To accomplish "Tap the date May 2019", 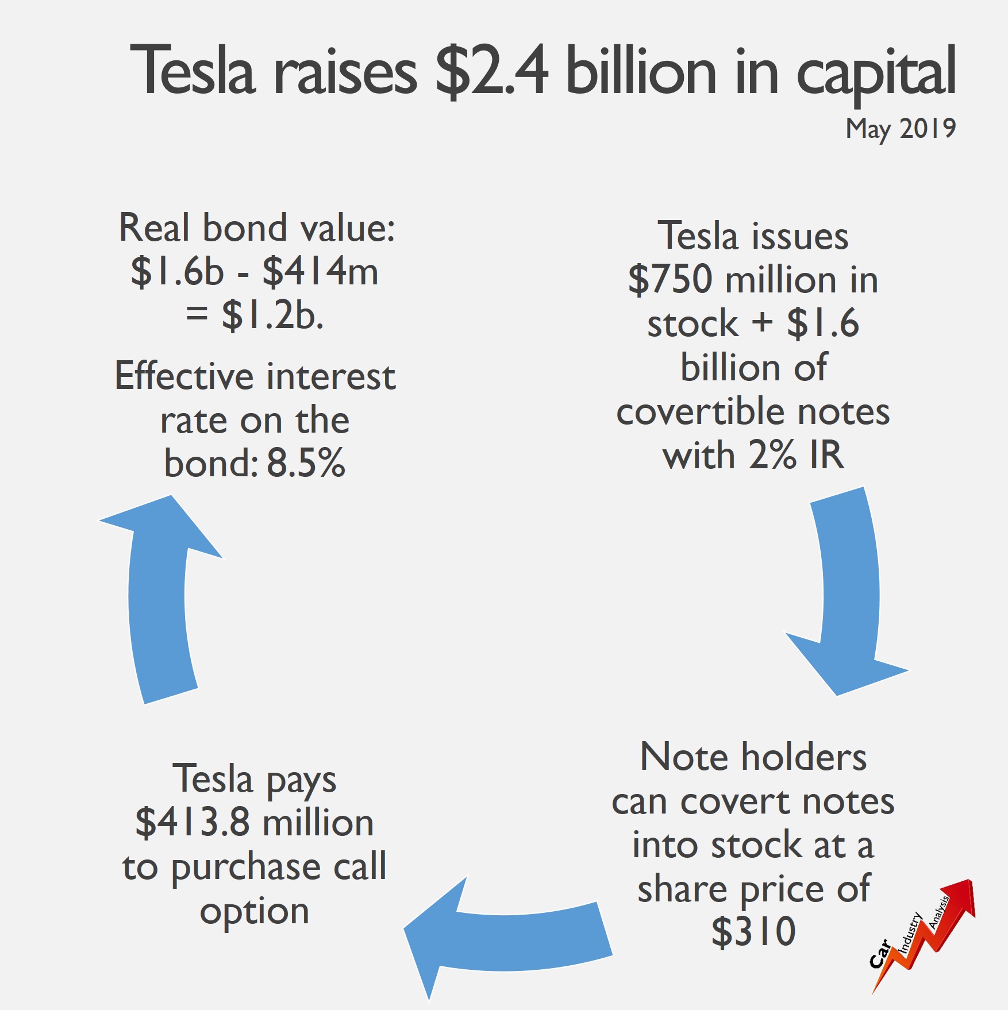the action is point(901,129).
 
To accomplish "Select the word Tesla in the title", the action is point(193,70).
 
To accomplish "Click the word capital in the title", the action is point(876,74).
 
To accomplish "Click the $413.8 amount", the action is point(193,823).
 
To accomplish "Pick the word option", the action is point(255,912).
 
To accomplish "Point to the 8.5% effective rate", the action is point(306,462).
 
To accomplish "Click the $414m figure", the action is point(321,271).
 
